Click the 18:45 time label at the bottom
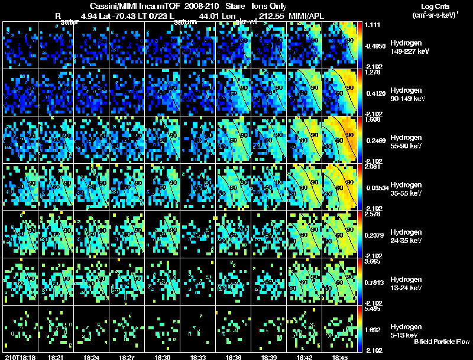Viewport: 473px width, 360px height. [x=339, y=356]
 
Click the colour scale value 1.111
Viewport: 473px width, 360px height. [x=373, y=25]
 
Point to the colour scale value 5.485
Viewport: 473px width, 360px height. [x=373, y=309]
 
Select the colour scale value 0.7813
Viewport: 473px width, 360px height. [x=373, y=282]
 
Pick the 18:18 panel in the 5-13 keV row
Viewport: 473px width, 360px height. [x=20, y=329]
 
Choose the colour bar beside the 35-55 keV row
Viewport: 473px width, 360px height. [x=360, y=187]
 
